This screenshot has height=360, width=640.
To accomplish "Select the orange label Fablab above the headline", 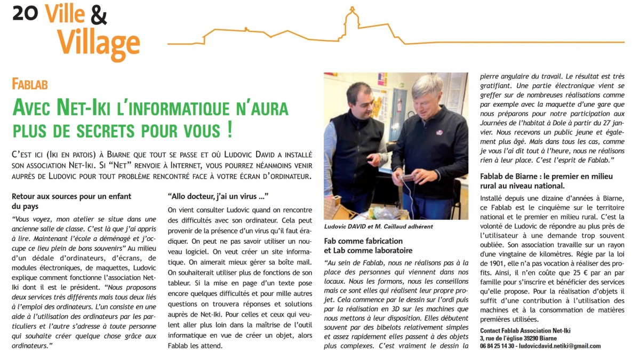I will coord(30,84).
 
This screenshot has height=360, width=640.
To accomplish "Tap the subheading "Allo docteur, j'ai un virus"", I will coord(218,196).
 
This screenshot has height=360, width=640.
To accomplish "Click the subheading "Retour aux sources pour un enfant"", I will coord(71,196).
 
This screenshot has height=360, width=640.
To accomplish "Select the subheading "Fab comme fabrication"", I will coord(363,241).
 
